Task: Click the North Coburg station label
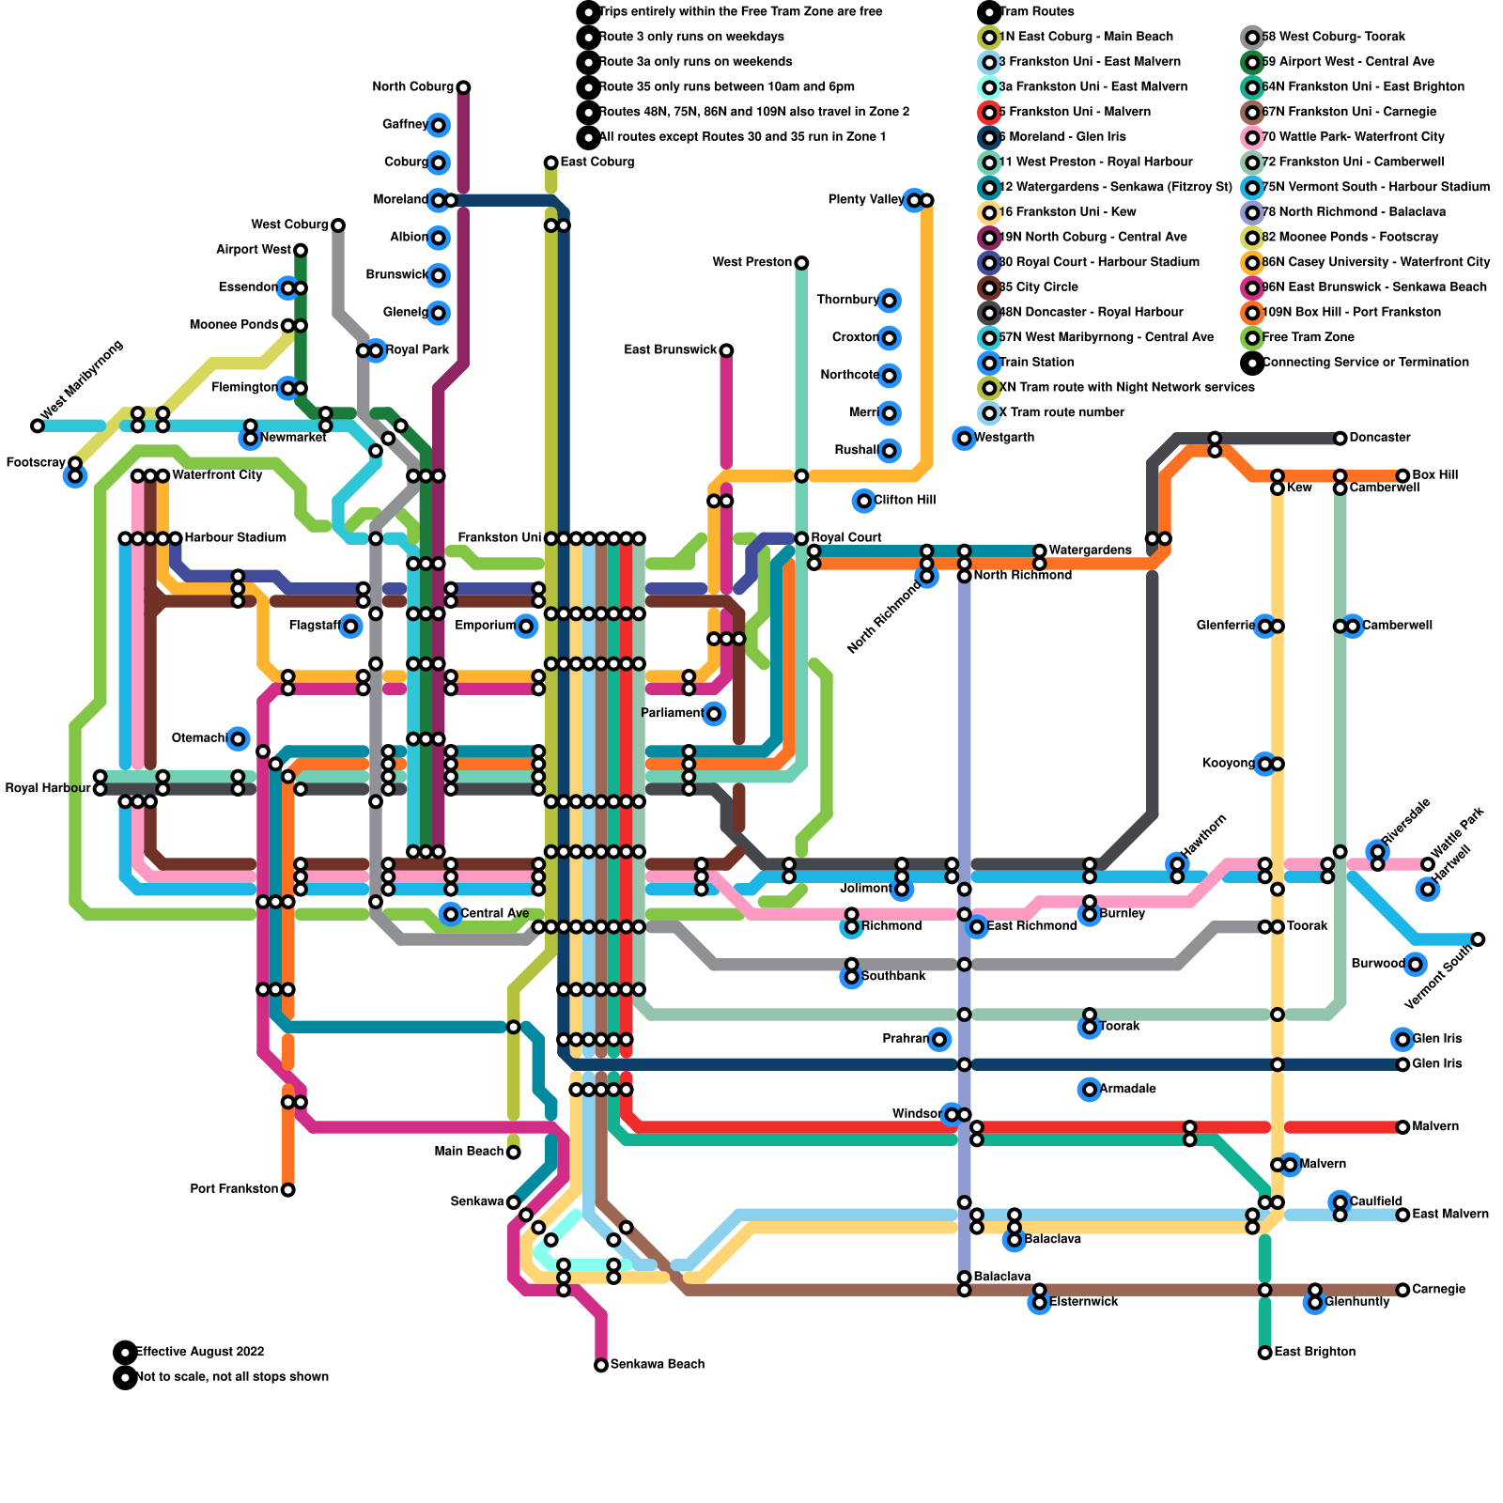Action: (412, 87)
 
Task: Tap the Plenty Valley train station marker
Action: (914, 200)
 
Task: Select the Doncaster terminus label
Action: (1379, 438)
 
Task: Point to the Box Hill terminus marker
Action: (1402, 476)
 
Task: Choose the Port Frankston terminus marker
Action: (288, 1190)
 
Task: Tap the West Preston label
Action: (752, 262)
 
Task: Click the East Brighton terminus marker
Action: (1265, 1353)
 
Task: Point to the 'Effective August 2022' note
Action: (199, 1352)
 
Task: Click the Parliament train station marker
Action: (714, 714)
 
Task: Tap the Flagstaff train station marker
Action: (350, 627)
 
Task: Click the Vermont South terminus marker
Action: (1478, 939)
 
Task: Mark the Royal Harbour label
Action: (48, 788)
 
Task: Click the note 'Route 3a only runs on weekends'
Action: (695, 62)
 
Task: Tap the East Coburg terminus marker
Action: (551, 163)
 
